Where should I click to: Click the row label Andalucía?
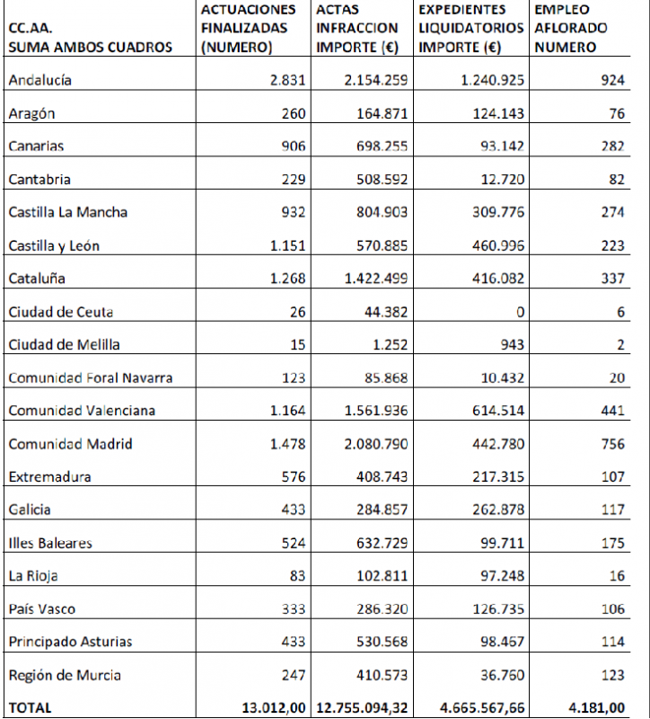40,80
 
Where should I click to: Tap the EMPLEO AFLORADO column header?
570,28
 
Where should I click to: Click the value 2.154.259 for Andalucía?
375,80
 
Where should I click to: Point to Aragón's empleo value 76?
616,113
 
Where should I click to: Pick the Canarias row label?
36,146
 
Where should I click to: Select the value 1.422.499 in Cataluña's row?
375,279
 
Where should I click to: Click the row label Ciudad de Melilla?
64,345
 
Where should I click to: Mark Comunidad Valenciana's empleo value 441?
612,411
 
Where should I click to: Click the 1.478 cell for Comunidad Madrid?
287,444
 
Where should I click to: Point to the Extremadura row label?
49,477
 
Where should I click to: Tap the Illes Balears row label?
50,544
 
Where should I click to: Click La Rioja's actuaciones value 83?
296,576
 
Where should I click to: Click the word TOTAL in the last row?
30,707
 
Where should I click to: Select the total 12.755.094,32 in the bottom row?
359,707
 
